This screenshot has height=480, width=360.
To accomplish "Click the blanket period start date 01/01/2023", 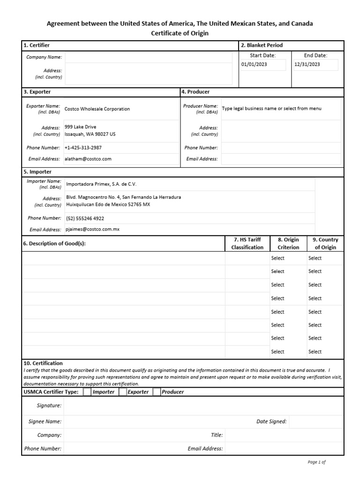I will pos(254,64).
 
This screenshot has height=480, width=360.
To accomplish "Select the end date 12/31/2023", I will pos(307,64).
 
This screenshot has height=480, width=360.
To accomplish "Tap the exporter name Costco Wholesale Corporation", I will pos(97,109).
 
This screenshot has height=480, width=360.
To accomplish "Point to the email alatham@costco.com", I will pos(88,159).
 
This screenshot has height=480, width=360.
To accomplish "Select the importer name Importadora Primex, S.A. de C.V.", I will pos(101,184).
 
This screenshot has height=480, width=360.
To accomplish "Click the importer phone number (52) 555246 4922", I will pos(85,218).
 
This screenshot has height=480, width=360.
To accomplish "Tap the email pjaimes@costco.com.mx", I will pos(93,230).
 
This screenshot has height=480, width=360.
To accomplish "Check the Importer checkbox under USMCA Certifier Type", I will pos(87,392).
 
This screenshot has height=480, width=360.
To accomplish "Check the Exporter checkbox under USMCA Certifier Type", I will pos(123,392).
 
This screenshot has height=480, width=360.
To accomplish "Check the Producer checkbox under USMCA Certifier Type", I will pos(157,392).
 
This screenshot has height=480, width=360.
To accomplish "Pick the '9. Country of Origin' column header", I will pos(325,243).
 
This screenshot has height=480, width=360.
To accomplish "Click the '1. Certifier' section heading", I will pos(37,45).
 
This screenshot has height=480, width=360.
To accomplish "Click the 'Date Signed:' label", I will pos(271,421).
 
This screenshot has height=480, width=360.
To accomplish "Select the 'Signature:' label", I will pos(49,405).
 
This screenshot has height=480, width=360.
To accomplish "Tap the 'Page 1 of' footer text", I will pos(316,462).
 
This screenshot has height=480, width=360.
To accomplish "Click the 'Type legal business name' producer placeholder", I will pos(272,109).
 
